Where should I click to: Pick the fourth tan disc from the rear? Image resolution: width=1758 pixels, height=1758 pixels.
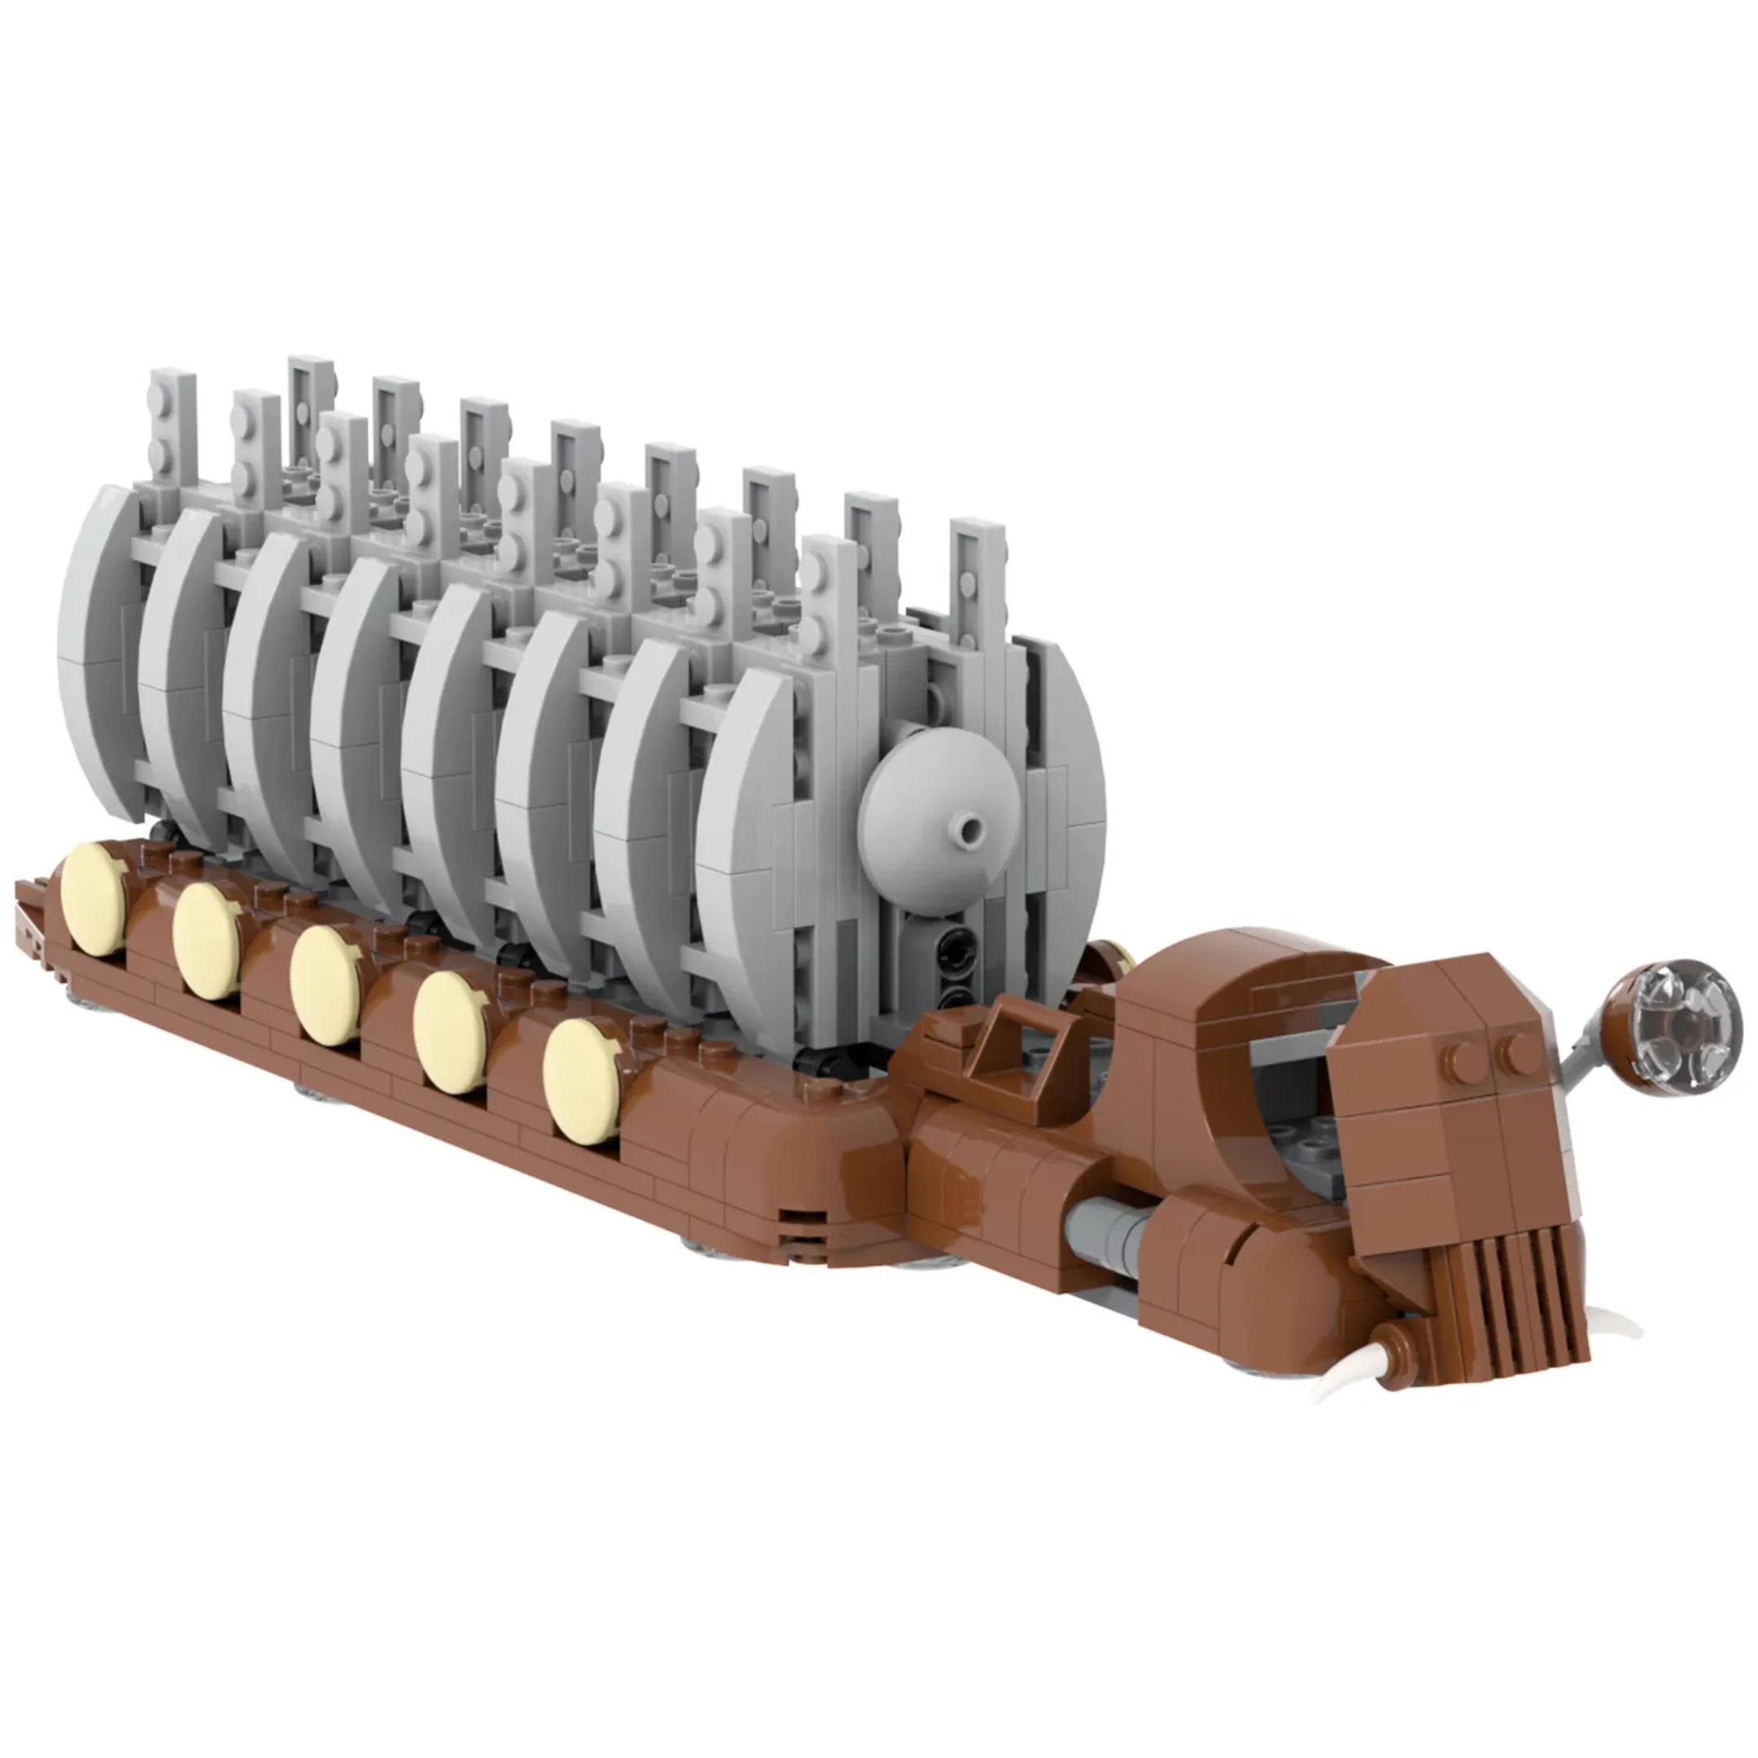point(450,1032)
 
